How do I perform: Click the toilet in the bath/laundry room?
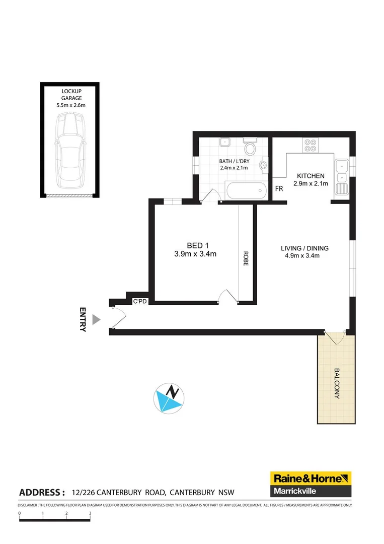[x=249, y=148]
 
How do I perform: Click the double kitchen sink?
[x=341, y=171]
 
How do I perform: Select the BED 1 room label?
[x=194, y=245]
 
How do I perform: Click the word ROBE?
[x=246, y=259]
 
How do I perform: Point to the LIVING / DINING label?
[x=304, y=248]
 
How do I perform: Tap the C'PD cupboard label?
[x=138, y=302]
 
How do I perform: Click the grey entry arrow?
[x=97, y=319]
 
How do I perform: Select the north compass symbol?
[x=168, y=397]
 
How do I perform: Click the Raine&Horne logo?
[x=311, y=478]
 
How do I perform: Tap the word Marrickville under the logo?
[x=295, y=491]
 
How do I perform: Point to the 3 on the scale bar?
[x=90, y=513]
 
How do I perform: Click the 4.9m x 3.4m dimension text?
[x=302, y=255]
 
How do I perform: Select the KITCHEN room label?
[x=311, y=176]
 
